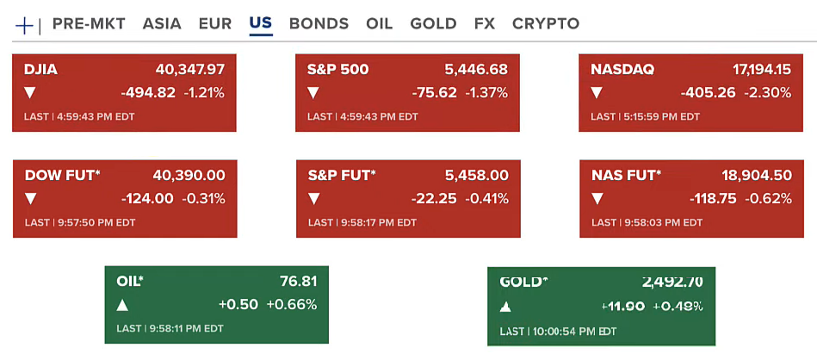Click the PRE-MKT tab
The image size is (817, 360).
click(89, 23)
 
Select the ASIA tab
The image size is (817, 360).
click(162, 23)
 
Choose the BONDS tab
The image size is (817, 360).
click(319, 23)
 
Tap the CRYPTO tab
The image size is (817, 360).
click(546, 23)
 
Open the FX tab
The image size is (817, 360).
click(485, 23)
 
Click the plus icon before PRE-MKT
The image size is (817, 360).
click(24, 25)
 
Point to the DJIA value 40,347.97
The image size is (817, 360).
click(190, 70)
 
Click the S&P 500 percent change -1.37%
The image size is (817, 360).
click(486, 92)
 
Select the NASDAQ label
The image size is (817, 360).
click(622, 70)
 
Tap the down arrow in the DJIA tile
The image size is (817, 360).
click(30, 93)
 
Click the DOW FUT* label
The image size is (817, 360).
click(63, 176)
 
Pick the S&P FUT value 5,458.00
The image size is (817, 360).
click(476, 176)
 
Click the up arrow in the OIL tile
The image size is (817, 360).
click(122, 305)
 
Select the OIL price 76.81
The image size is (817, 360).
click(299, 281)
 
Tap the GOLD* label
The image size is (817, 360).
click(523, 282)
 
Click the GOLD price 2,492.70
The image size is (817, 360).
click(672, 282)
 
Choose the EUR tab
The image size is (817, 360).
click(214, 23)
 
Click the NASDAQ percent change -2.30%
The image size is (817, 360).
click(770, 92)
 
